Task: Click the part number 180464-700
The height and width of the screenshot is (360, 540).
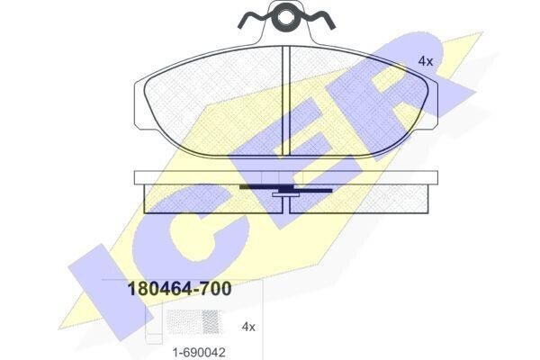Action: point(179,289)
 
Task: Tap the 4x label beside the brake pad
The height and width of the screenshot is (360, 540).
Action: point(426,61)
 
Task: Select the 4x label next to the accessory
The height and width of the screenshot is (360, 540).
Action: point(248,326)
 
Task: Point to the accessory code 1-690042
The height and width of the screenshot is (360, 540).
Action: point(199,352)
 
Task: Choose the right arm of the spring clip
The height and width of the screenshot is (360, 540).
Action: point(316,20)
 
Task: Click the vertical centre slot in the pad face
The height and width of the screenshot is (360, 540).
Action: point(286,101)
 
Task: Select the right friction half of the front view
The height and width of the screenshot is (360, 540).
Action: point(358,102)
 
